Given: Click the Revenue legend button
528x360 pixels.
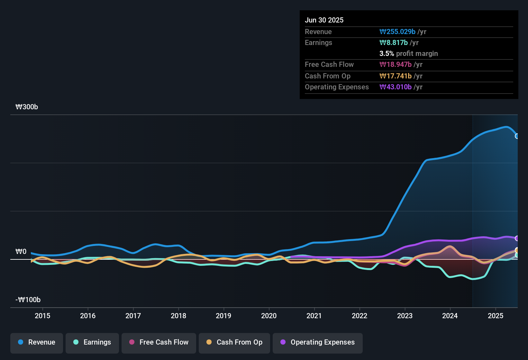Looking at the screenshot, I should tap(37, 342).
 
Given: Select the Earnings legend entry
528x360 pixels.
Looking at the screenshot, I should tap(92, 342).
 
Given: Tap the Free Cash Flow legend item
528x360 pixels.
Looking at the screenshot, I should tap(159, 342).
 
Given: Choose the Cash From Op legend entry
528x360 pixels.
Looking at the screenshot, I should tap(234, 342).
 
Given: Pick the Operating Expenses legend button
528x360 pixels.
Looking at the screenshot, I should tap(318, 342).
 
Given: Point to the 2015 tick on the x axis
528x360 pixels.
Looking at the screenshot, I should tap(42, 316).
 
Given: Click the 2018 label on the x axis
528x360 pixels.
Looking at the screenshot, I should tap(178, 316).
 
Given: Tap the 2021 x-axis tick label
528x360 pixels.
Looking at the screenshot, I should tap(314, 316).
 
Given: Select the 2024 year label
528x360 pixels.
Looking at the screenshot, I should tap(450, 316).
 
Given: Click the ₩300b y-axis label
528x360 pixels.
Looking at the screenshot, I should tap(27, 107).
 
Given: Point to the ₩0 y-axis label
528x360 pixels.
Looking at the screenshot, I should tap(21, 252).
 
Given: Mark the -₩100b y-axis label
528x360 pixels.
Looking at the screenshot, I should tap(28, 300).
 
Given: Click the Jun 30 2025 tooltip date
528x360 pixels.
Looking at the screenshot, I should tap(324, 20).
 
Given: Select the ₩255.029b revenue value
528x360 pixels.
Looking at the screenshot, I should tap(397, 32).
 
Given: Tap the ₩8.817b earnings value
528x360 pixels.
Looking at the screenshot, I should tap(394, 43).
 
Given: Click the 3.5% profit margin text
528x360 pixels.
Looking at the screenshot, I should tap(408, 54).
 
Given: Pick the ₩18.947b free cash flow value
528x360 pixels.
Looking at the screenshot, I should tap(396, 65).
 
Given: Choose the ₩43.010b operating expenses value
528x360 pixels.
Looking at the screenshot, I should tap(396, 87).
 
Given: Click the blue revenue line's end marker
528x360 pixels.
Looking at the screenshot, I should tap(517, 136).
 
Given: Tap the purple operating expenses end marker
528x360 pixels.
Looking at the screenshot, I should tap(517, 238).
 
